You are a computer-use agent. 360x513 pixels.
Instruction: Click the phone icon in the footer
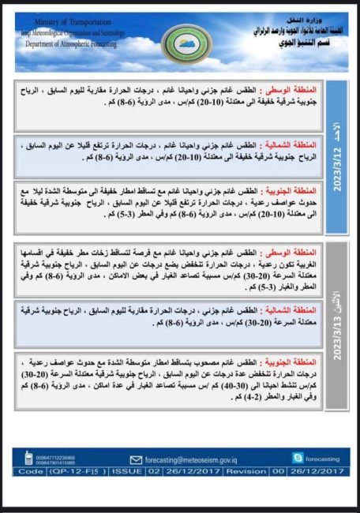click(28, 457)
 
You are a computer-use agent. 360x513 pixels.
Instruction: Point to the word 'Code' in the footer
click(31, 471)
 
